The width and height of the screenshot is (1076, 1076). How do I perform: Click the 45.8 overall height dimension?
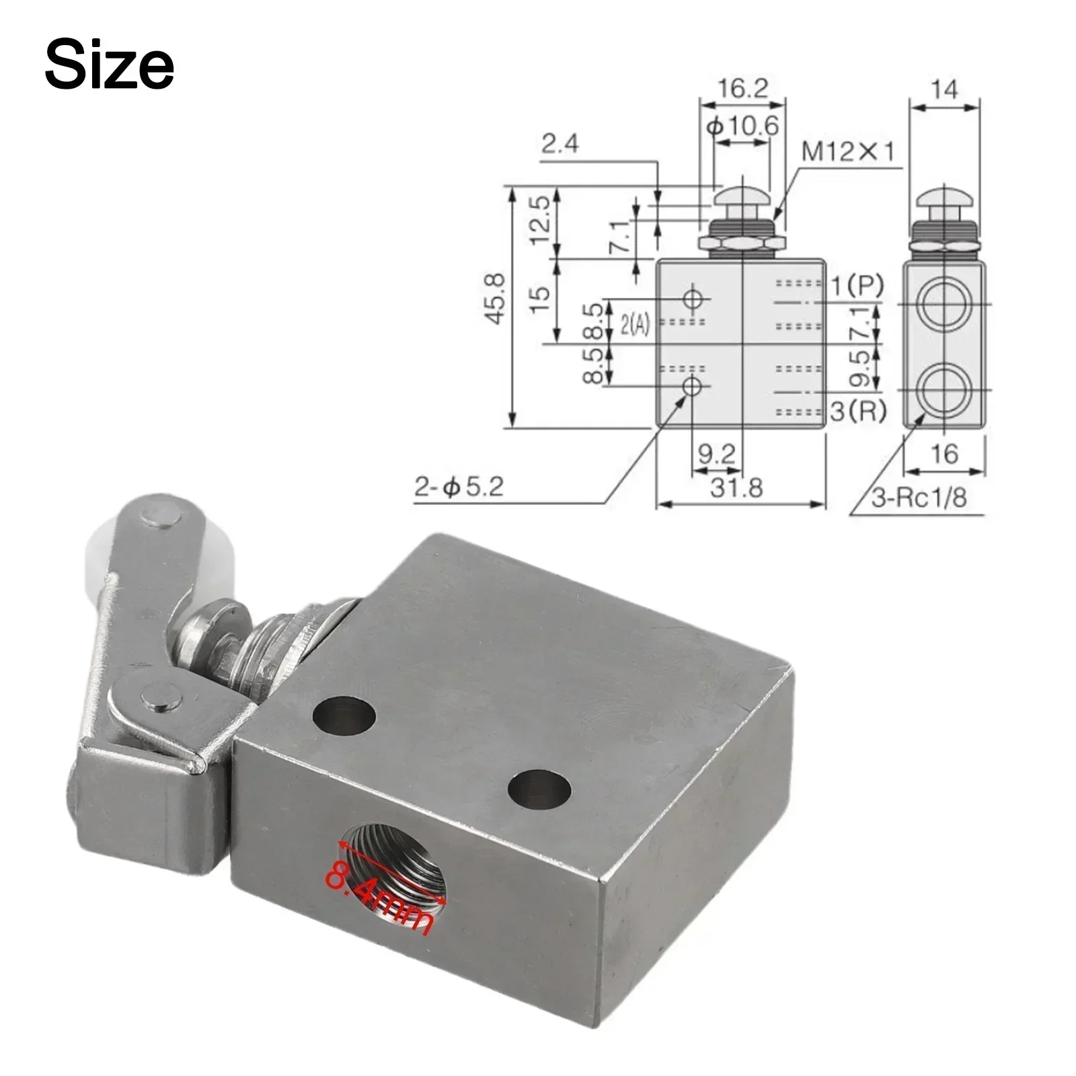coord(496,299)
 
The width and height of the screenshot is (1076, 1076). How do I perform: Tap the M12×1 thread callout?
coord(849,153)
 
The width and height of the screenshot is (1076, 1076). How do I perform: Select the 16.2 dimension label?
coord(742,89)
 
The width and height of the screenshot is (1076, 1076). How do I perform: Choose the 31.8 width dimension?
coord(737,488)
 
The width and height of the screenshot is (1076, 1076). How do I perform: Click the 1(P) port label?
coord(857,285)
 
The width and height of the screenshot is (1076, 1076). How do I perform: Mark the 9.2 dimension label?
coord(717,454)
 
